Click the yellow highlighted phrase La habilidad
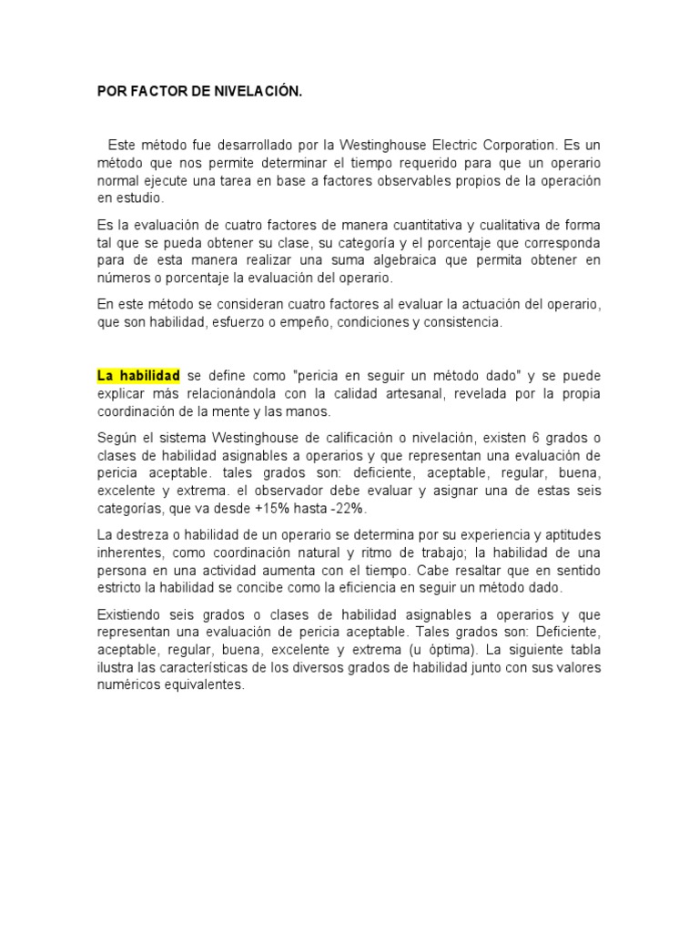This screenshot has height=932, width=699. tap(138, 376)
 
